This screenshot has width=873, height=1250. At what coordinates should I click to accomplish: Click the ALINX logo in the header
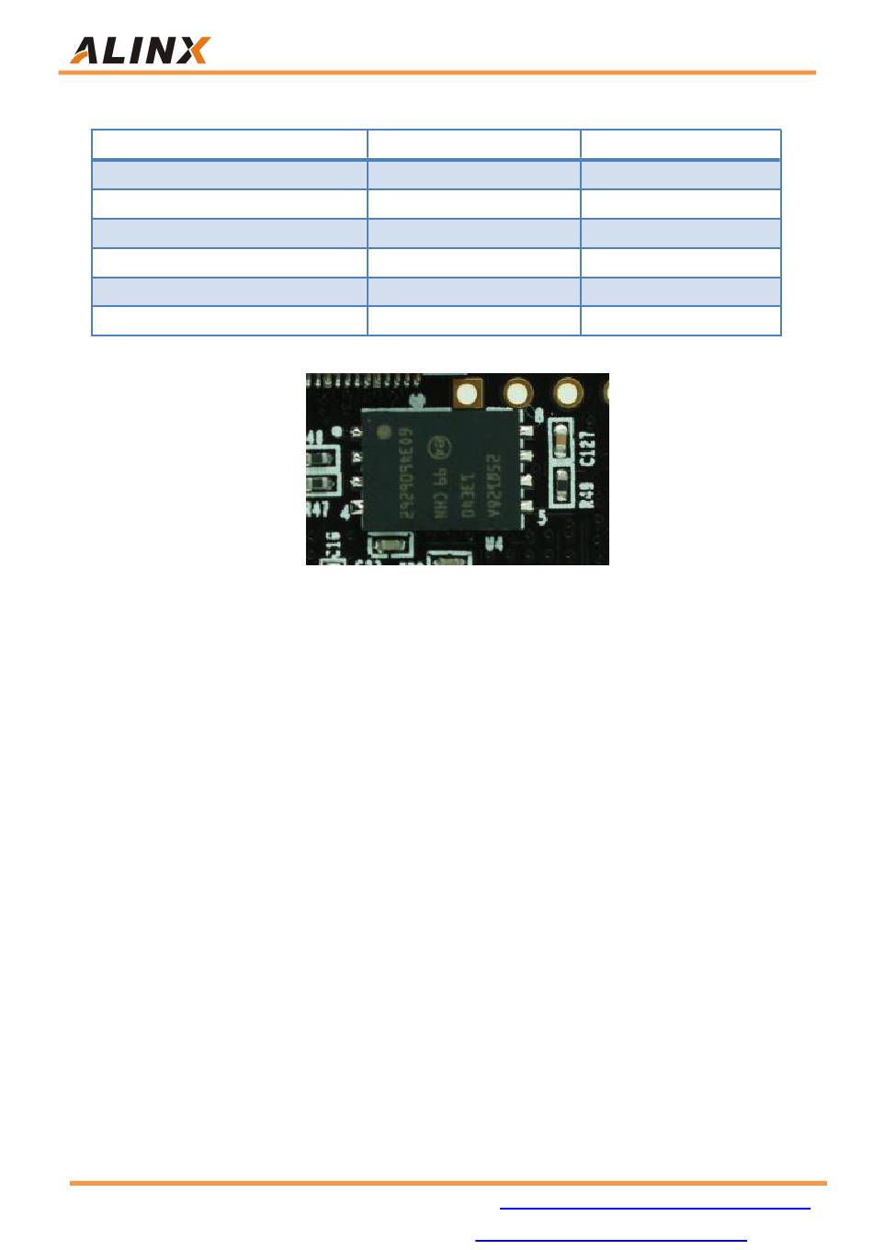click(140, 50)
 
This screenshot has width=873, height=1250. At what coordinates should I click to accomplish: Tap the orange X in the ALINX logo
click(194, 51)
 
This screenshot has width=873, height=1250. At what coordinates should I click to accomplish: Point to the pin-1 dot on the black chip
click(382, 429)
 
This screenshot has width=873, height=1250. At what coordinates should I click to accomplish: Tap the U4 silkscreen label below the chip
click(493, 544)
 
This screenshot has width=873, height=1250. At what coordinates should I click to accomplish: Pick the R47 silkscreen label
click(318, 509)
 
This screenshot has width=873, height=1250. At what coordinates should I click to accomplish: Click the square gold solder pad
click(470, 394)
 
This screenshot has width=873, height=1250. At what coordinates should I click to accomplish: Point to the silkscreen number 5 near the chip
click(542, 518)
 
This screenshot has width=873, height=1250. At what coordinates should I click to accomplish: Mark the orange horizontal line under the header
click(437, 72)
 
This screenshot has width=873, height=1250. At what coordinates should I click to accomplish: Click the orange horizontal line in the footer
click(448, 1183)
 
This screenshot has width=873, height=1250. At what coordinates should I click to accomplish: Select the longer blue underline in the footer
click(655, 1209)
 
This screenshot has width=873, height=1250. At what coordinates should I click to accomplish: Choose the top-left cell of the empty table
click(230, 144)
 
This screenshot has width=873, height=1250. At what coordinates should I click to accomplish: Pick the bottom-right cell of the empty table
click(680, 321)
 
